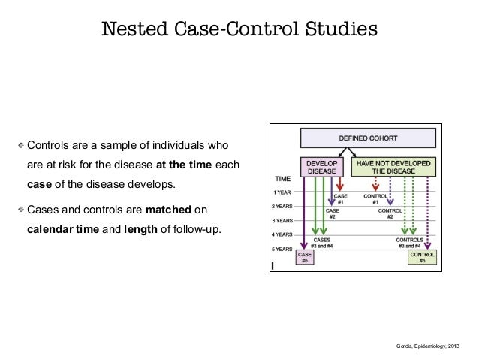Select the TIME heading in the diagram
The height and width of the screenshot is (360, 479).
click(282, 180)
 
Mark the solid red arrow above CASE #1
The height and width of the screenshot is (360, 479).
click(342, 183)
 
